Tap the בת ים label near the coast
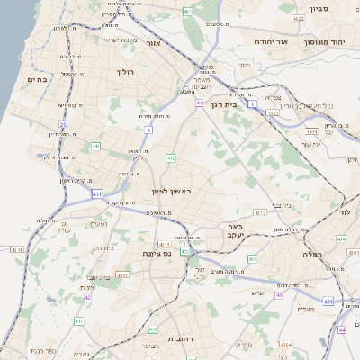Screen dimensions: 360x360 click(37, 80)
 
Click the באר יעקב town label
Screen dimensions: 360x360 click(237, 231)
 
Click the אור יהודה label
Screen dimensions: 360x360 click(271, 41)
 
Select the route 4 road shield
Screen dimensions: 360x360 click(148, 130)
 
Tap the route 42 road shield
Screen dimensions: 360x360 click(87, 296)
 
